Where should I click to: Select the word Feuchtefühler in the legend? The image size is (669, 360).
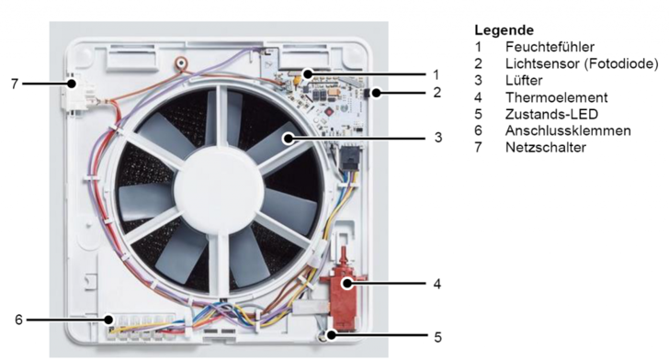543,46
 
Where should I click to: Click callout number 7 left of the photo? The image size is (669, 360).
14,84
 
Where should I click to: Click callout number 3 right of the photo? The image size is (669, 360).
438,138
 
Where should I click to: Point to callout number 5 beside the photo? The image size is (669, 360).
437,337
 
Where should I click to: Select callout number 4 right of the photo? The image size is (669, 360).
437,284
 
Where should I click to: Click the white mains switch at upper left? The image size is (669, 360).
74,91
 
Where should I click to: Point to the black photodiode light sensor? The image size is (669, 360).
378,92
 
